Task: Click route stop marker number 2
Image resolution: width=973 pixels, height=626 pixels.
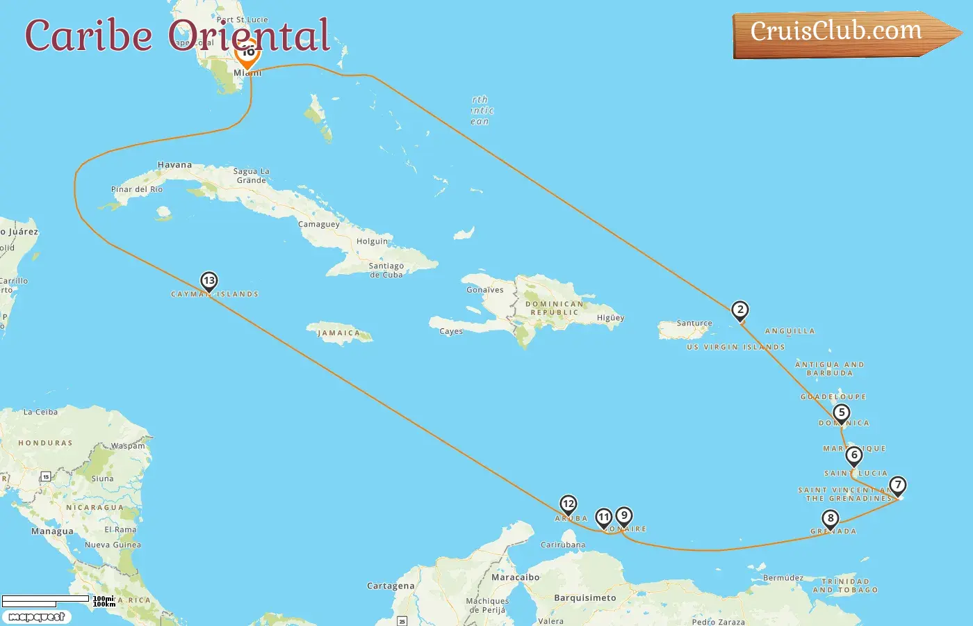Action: pos(740,310)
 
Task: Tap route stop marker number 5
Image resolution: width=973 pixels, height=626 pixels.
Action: pos(842,413)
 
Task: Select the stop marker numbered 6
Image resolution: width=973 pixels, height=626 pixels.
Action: pos(854,456)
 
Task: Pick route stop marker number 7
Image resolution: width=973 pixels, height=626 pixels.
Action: pos(898,485)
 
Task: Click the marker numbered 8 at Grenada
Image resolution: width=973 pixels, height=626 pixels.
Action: pos(831,519)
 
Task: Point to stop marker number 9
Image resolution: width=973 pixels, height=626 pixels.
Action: pos(624,516)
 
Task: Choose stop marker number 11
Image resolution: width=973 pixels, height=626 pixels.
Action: pos(604,517)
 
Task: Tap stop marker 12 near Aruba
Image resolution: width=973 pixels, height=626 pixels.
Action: pos(569,504)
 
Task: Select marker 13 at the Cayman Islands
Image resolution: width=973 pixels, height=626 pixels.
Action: pos(209,281)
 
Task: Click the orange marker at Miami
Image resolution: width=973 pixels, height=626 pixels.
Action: pos(247,53)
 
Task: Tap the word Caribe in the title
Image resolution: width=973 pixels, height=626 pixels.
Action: pos(89,36)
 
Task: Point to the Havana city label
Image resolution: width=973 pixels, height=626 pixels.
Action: pos(174,166)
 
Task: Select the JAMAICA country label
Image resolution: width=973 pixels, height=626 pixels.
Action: pos(339,333)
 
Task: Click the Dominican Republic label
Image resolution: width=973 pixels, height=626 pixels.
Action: pos(554,308)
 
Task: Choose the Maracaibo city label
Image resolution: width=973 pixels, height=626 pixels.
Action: pos(515,577)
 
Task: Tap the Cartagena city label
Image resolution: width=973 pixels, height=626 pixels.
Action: pos(391,586)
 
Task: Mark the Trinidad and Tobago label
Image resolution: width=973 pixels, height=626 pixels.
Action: pos(845,586)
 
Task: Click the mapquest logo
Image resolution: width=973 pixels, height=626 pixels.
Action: pos(36,617)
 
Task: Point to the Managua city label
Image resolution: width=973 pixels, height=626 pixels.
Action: pos(52,531)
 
